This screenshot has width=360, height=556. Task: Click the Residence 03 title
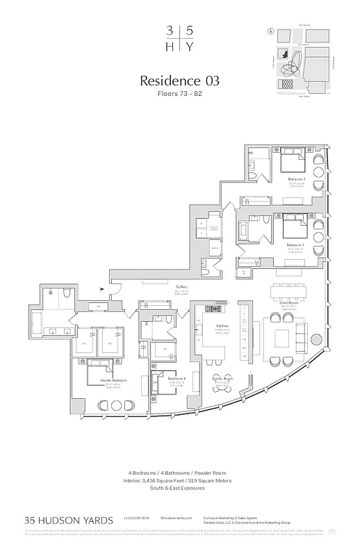click(x=181, y=81)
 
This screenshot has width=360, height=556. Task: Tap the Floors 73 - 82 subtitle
click(x=181, y=93)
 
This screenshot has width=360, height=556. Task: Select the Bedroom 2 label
click(x=297, y=180)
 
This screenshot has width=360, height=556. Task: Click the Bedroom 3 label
click(x=297, y=245)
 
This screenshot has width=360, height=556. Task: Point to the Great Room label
click(x=289, y=303)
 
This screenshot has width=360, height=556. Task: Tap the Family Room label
click(x=223, y=378)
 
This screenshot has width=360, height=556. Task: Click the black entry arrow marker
click(x=104, y=289)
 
